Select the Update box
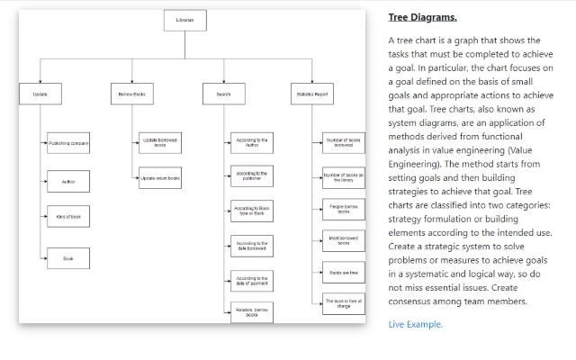tap(40, 94)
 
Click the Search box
tap(223, 94)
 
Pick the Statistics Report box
tap(310, 94)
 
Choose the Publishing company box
tap(67, 143)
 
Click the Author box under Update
tap(67, 182)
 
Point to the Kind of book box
tap(67, 217)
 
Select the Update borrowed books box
tap(160, 142)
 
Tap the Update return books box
tap(160, 178)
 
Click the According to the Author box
tap(252, 142)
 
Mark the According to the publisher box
tap(252, 176)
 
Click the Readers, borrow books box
tap(252, 312)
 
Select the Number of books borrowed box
tap(344, 142)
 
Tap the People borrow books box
tap(344, 209)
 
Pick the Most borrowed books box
tap(344, 240)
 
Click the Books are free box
tap(344, 272)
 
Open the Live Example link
tap(416, 324)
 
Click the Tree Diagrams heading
tap(422, 17)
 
